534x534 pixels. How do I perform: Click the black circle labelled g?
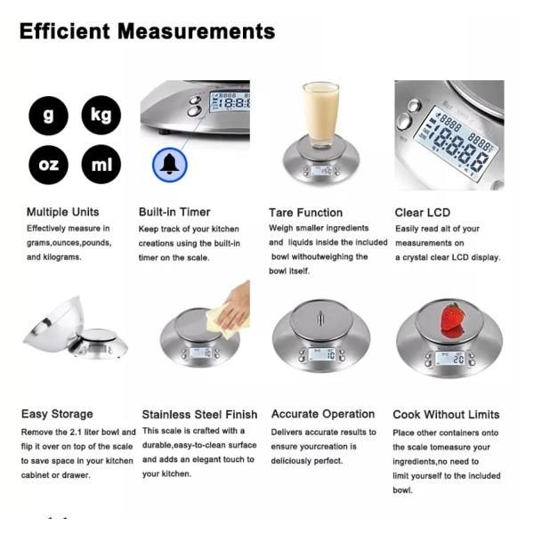pos(48,116)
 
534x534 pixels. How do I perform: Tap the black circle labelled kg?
pos(101,115)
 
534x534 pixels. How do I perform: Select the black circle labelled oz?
pos(48,165)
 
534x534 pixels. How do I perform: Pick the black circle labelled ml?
pos(101,164)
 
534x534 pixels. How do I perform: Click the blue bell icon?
pos(170,165)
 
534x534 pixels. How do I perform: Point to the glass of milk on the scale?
pos(320,115)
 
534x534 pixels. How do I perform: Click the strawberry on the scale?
pos(452,320)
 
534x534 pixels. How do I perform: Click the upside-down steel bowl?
pos(54,324)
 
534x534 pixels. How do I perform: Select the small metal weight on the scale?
pos(320,318)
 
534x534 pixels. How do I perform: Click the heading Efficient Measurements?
pos(147,31)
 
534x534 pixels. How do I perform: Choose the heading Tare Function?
pos(305,213)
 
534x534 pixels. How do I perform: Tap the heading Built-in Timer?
pos(174,212)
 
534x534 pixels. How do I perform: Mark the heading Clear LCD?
pos(422,213)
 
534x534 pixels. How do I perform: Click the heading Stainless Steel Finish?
pos(199,415)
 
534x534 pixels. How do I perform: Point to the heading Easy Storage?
pos(57,414)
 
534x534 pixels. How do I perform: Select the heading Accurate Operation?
pos(323,414)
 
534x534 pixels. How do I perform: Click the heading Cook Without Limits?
pos(446,415)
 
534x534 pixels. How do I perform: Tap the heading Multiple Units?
pos(62,212)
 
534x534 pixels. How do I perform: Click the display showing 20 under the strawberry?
pos(449,359)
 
